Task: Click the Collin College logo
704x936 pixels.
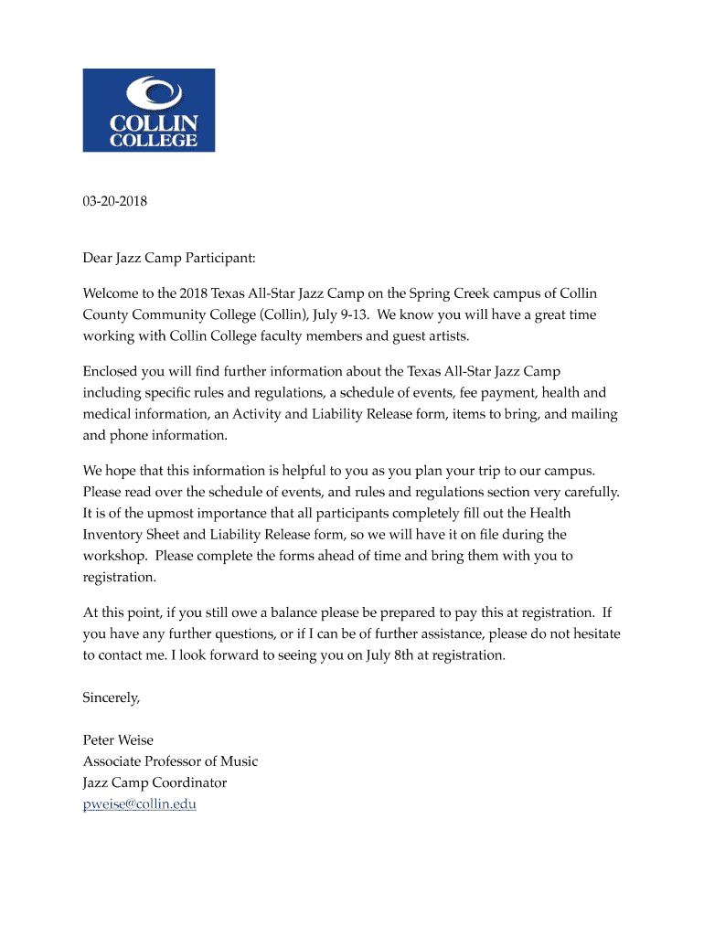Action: point(149,110)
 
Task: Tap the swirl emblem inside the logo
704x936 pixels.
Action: point(149,93)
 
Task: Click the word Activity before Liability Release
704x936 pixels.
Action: point(261,414)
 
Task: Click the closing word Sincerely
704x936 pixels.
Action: point(112,697)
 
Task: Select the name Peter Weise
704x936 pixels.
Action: point(118,740)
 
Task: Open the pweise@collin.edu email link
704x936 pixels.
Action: point(140,804)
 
